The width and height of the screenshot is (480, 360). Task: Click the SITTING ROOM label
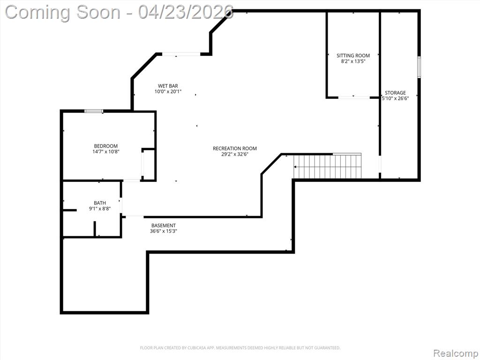point(353,56)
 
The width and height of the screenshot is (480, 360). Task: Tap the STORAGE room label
point(395,93)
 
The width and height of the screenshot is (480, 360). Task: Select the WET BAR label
point(168,86)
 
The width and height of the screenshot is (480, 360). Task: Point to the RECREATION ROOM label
point(235,149)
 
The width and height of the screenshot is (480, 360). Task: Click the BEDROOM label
point(105,146)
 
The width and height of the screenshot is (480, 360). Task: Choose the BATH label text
point(100,203)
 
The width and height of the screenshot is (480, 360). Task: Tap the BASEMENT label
point(164,225)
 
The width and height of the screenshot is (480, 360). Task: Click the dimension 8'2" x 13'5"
point(353,61)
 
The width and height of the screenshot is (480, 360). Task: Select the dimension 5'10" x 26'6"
point(395,98)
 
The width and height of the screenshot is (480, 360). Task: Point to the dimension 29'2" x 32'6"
point(235,154)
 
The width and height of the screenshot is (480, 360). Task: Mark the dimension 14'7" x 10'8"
point(105,151)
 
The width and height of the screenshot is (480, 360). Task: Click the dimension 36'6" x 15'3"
point(164,231)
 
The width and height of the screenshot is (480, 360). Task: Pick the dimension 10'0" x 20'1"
point(168,91)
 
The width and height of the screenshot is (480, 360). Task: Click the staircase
point(327,166)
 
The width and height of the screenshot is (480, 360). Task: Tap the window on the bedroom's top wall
point(94,111)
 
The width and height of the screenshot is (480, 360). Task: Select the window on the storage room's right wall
point(419,67)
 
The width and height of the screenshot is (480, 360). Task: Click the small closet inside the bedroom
point(149,165)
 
